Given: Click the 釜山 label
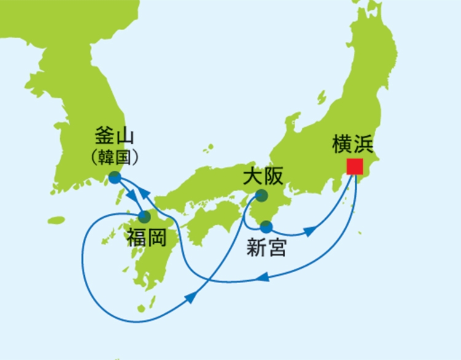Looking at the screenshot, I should [115, 135].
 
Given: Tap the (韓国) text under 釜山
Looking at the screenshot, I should [115, 155].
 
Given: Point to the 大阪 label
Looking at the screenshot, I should [263, 177].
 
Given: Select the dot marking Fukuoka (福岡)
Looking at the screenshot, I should [145, 217].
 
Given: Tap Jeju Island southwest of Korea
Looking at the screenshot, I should [56, 220].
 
